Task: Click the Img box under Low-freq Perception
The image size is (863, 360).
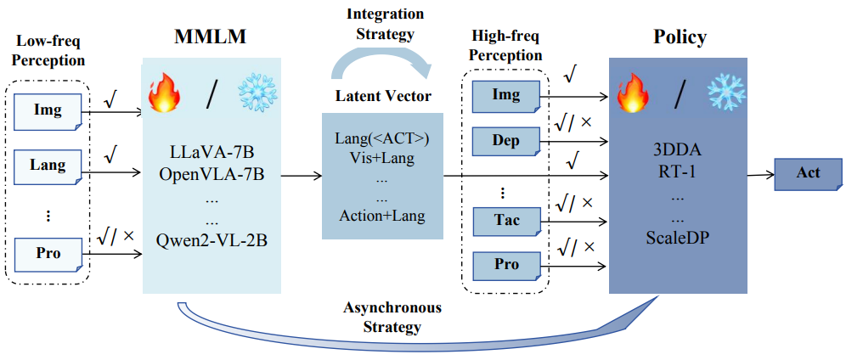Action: [48, 111]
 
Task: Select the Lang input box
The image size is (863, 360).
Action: [48, 165]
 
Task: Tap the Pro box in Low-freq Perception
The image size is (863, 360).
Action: [48, 255]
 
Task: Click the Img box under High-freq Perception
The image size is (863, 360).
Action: [505, 96]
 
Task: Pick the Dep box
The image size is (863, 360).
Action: [505, 142]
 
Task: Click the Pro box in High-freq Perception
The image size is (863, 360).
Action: [505, 265]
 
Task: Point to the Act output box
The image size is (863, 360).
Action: [808, 174]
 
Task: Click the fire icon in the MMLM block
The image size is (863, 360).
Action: [163, 93]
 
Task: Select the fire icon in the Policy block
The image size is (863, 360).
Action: [632, 93]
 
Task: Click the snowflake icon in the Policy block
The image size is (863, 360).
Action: [726, 92]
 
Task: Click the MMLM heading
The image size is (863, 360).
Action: [211, 37]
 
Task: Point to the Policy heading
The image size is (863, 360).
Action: [680, 37]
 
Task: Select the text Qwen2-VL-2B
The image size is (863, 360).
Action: [212, 240]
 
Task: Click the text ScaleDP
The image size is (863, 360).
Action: [679, 238]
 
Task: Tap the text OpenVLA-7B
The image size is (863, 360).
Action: [212, 175]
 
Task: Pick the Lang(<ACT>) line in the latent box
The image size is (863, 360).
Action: [381, 140]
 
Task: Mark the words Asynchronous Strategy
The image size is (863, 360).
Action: [392, 318]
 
